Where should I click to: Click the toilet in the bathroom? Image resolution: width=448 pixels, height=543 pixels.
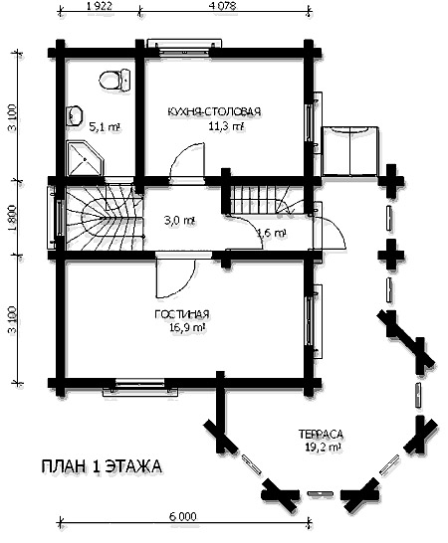point(114,80)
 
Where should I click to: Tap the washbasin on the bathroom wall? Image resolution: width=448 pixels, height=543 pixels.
point(74,115)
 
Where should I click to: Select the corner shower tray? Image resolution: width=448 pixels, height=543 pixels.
point(85,158)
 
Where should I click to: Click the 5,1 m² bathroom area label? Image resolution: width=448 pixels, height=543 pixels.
point(105,127)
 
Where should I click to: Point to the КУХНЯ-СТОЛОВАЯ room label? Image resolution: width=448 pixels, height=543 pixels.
point(214,111)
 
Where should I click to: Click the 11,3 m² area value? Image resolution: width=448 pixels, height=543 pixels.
point(226,126)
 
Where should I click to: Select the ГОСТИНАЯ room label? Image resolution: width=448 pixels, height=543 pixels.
point(182,314)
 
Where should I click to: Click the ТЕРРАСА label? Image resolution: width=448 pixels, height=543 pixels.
point(321,434)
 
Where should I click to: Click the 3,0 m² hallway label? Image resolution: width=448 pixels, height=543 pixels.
point(179,221)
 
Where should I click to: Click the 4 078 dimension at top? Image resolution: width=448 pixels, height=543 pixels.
point(222,7)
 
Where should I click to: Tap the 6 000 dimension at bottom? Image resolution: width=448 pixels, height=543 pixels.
point(183,517)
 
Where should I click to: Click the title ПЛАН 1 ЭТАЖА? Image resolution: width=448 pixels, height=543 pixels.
point(102,466)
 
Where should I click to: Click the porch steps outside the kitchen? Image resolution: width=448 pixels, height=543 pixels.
point(349,151)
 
